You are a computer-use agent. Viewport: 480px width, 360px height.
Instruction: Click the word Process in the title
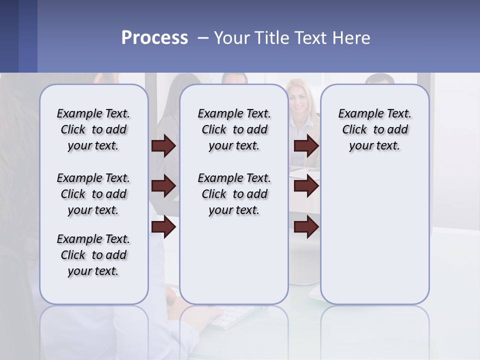154,37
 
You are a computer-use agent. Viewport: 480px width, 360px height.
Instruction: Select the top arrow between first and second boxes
163,145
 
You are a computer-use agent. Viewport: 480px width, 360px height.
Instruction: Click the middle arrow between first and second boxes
163,186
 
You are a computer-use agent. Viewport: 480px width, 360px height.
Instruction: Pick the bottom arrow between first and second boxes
163,227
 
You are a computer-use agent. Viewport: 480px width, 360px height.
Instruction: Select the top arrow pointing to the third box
306,145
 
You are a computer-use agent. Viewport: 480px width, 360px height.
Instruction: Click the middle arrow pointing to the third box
306,186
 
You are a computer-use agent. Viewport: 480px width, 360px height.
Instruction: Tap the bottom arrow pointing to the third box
306,227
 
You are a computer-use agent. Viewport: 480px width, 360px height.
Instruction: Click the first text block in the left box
93,129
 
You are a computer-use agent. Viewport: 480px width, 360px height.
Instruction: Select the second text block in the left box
93,194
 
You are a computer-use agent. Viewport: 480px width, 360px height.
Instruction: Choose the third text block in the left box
93,255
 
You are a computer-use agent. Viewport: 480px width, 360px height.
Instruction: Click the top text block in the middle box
234,129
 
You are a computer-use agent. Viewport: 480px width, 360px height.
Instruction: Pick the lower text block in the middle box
234,194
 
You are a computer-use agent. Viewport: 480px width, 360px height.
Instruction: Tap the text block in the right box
374,129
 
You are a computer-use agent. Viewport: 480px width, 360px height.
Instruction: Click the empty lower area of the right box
374,240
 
